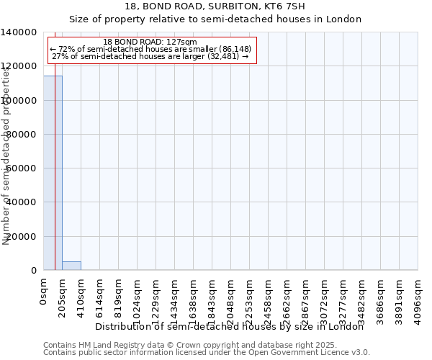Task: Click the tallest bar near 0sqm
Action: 53,173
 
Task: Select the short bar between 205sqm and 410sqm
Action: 71,266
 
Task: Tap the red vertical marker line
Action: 55,180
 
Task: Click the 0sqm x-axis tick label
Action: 44,292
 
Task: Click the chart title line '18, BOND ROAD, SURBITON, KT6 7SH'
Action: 215,7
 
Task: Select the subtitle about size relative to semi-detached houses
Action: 215,19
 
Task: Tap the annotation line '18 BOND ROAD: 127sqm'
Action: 150,42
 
